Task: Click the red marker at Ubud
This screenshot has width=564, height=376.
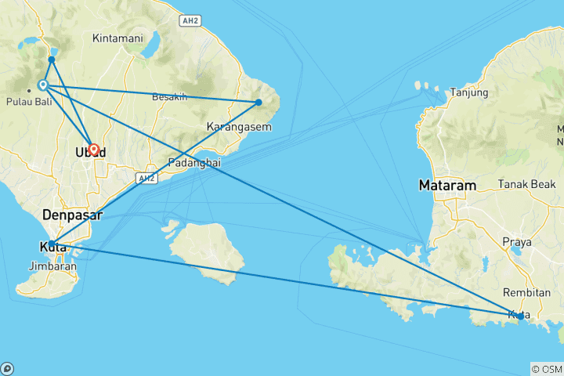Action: [94, 149]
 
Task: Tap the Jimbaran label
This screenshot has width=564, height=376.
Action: [52, 266]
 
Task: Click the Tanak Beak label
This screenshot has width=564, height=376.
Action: [524, 185]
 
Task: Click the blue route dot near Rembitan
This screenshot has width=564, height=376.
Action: [519, 316]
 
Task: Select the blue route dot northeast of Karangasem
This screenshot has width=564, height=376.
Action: [259, 102]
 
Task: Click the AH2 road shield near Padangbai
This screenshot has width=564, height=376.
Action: [144, 179]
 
